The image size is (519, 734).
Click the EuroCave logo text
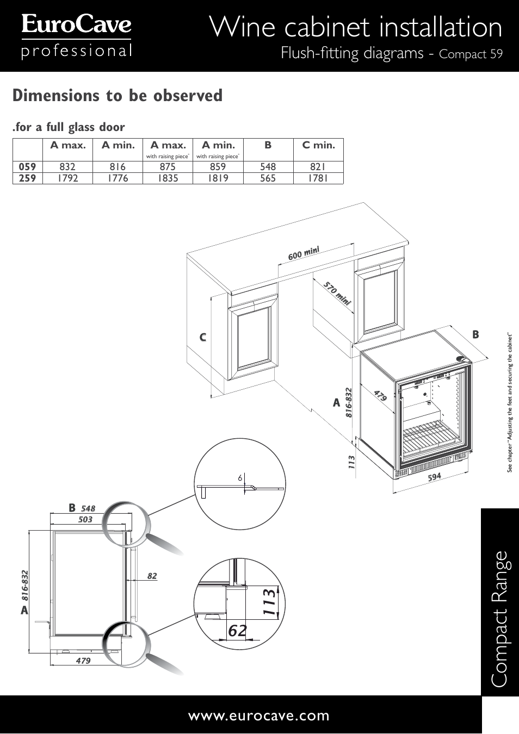(76, 25)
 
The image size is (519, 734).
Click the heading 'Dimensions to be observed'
(118, 96)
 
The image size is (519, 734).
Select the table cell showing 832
(68, 167)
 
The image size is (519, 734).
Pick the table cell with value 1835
(168, 178)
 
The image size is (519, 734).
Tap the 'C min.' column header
(318, 145)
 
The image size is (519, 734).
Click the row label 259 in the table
(28, 178)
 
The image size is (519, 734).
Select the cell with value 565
(268, 178)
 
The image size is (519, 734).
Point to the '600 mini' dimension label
(303, 253)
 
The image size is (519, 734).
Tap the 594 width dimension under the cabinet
(434, 477)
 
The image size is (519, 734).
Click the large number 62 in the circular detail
(237, 631)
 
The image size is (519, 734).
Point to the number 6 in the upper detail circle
(239, 478)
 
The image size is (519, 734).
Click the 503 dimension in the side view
(85, 520)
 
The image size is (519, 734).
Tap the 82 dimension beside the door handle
(152, 576)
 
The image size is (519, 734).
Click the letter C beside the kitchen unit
(202, 338)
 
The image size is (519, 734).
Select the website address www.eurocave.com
(259, 716)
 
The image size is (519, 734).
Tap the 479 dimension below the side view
(83, 661)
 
